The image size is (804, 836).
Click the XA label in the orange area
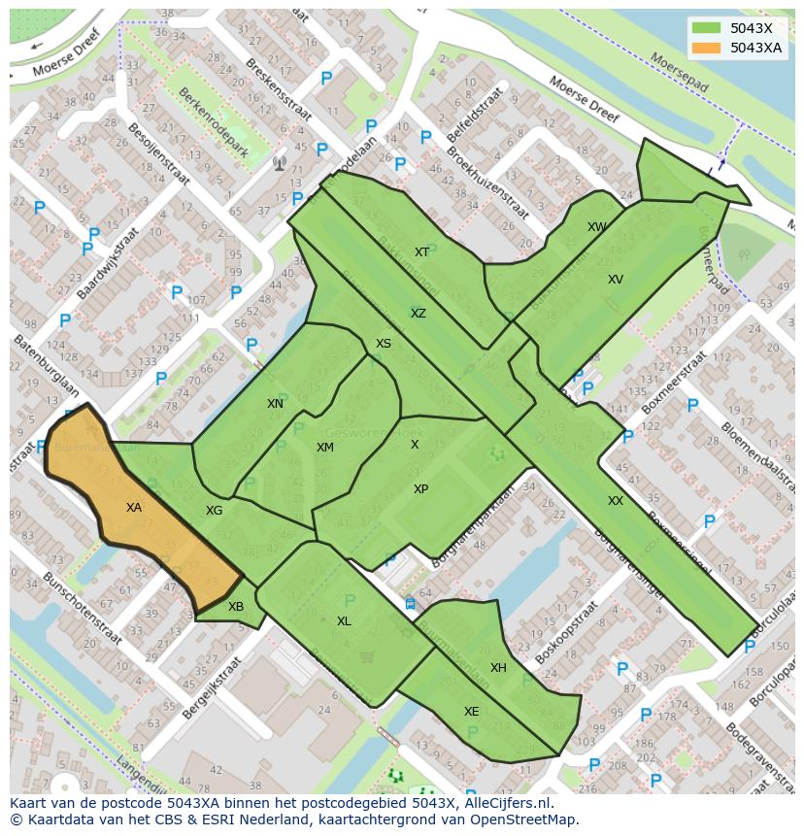coord(134,508)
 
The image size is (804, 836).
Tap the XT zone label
coord(421,252)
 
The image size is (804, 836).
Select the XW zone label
coord(597,227)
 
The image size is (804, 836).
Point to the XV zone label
coord(615,280)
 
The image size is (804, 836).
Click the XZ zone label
coord(418,314)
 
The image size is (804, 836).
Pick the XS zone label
coord(384,344)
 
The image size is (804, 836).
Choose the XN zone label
coord(275,404)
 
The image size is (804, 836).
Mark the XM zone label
coord(324,448)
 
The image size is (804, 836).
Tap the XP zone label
coord(420,489)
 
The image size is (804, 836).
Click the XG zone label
coord(214,511)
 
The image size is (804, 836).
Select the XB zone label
coord(236,607)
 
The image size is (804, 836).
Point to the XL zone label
coord(344,621)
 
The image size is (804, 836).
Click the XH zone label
coord(498,668)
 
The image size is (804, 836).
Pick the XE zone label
coord(471,712)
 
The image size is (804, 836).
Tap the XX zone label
coord(616,501)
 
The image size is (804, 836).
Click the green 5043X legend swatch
coord(706,28)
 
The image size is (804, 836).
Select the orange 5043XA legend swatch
coord(706,48)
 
